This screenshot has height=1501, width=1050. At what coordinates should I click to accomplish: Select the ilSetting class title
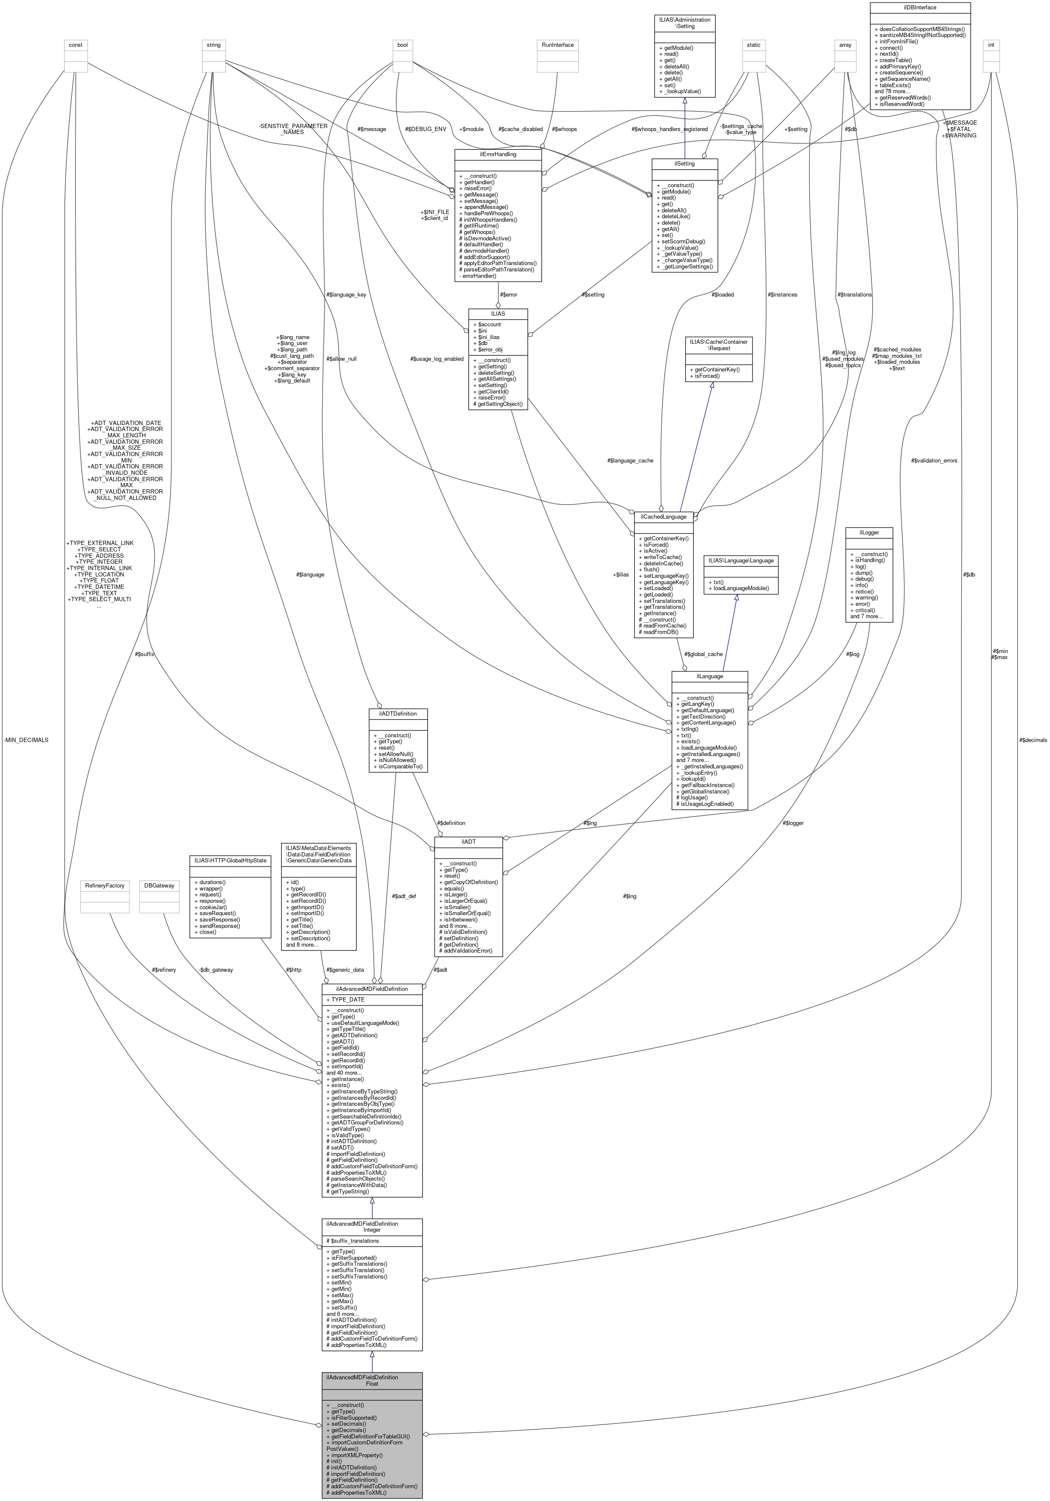pyautogui.click(x=684, y=163)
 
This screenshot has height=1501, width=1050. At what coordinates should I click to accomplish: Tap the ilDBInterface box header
pyautogui.click(x=920, y=7)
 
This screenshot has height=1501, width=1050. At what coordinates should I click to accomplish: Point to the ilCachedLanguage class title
pyautogui.click(x=664, y=517)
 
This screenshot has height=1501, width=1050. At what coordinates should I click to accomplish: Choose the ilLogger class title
pyautogui.click(x=868, y=533)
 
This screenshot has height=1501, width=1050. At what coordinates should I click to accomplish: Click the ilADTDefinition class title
pyautogui.click(x=398, y=713)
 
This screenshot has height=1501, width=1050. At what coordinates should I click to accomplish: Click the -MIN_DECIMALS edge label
pyautogui.click(x=26, y=740)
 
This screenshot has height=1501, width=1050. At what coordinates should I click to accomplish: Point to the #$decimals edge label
pyautogui.click(x=1033, y=740)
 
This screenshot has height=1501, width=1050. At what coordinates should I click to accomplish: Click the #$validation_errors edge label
pyautogui.click(x=934, y=461)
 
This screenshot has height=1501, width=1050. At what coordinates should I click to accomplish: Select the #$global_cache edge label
pyautogui.click(x=704, y=654)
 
